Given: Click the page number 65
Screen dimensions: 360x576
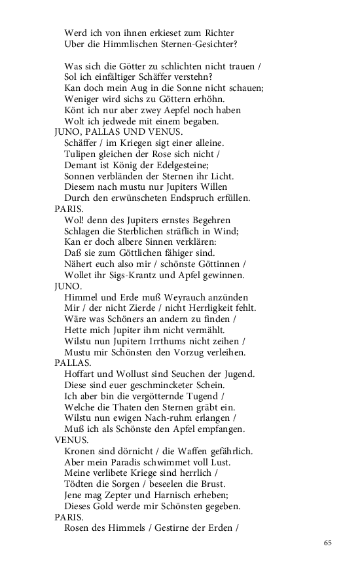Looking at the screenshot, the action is tap(328, 543).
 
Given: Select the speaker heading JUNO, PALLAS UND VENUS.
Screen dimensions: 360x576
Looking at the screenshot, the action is tap(109, 132).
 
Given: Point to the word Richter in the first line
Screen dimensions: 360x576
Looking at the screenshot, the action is tap(217, 33).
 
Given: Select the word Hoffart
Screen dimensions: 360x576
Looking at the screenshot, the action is tap(81, 374).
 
